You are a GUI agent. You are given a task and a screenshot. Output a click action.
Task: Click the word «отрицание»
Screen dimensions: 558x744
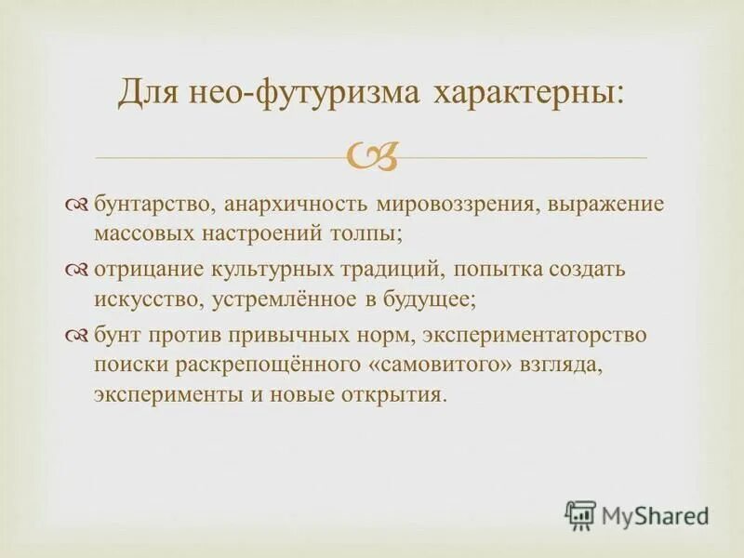tap(142, 271)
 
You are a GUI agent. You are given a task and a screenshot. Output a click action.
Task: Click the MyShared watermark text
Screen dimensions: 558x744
tap(653, 512)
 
